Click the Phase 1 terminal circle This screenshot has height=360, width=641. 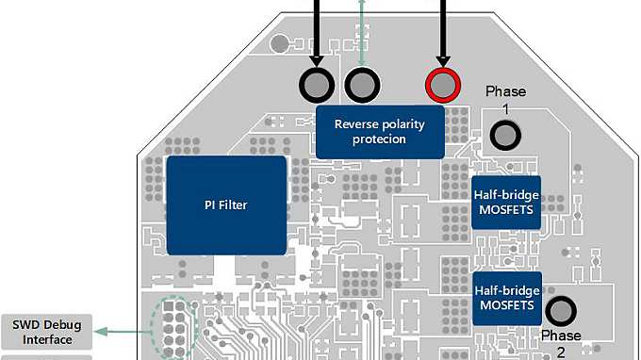(x=506, y=137)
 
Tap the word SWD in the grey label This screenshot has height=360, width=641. (x=28, y=325)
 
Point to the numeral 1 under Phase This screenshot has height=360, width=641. (x=505, y=109)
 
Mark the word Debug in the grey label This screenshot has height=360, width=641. (x=64, y=325)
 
